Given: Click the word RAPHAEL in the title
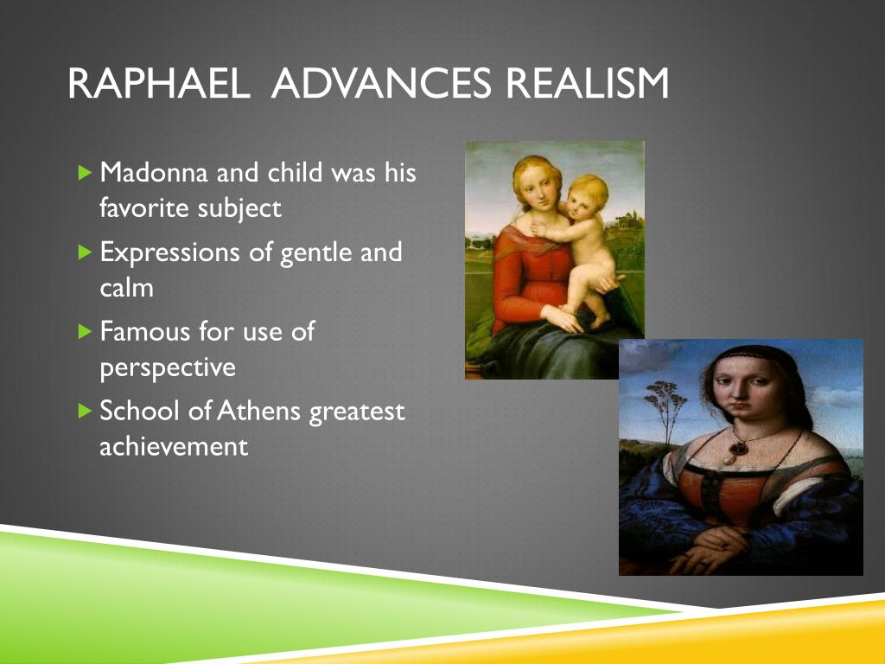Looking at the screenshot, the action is tap(159, 84).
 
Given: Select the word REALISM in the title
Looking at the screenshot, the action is tap(587, 84).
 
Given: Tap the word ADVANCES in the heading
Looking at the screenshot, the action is tap(381, 84).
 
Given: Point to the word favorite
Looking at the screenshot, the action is tap(144, 207).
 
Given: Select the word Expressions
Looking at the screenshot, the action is tap(170, 253).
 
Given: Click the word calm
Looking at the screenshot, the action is tap(126, 287).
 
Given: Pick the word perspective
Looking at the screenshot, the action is tap(168, 368).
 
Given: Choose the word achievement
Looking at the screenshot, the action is tap(174, 447).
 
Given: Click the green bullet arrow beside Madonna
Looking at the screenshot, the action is tap(85, 172).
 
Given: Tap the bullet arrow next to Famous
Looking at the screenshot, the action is tap(85, 331).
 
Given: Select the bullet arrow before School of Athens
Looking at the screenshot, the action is tap(85, 411).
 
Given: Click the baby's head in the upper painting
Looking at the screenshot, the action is tap(587, 198).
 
